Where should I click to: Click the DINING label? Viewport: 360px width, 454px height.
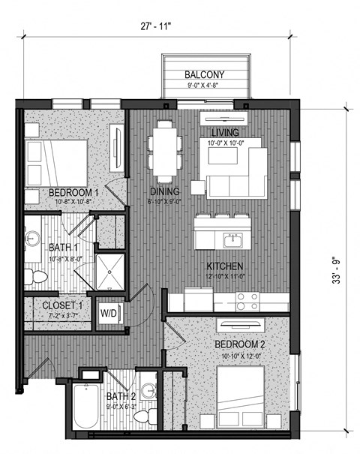163,192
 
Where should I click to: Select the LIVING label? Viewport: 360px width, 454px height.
225,133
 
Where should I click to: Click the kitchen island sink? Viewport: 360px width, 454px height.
233,240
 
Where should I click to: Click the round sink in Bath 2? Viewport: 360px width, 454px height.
148,391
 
